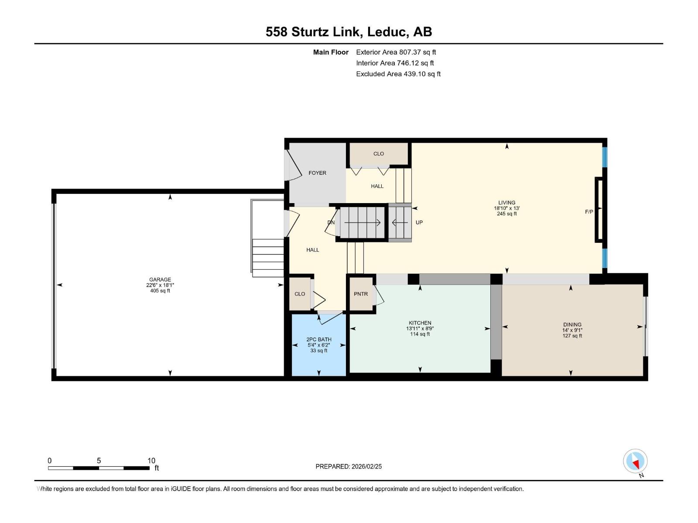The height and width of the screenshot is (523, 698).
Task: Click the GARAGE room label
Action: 160,280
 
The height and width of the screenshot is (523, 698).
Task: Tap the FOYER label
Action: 317,173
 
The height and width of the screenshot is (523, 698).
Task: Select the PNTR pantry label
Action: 361,294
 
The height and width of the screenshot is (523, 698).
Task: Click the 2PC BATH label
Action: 319,340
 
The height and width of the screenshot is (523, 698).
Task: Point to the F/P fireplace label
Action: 589,212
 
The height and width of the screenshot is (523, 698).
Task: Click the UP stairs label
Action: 419,223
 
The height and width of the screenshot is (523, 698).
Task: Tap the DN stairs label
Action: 331,223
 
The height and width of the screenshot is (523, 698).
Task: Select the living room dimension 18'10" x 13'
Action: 506,208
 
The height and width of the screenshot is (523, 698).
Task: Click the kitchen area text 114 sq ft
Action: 420,334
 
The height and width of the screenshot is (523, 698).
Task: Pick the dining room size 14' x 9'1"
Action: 572,330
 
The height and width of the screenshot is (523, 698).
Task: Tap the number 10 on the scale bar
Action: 151,461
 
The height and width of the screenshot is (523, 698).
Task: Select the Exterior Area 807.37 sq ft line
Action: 396,52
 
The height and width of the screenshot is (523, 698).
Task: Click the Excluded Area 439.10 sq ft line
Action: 398,74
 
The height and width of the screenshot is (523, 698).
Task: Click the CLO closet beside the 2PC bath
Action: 300,294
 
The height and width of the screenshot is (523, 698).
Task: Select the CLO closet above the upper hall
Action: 379,154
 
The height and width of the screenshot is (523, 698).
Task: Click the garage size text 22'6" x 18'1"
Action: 160,285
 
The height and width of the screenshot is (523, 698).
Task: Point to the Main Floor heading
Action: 331,52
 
